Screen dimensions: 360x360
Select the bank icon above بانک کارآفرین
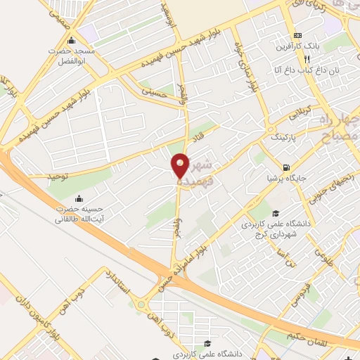(298, 35)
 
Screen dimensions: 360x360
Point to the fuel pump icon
(285, 167)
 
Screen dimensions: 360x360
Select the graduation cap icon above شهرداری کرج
(276, 213)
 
